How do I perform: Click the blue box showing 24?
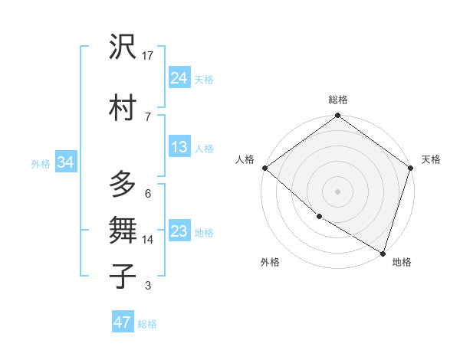(179, 78)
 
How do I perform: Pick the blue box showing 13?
(179, 147)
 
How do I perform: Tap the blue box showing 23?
(179, 231)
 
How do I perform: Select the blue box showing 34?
(66, 162)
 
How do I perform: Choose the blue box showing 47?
(123, 322)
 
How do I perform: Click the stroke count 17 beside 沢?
(148, 56)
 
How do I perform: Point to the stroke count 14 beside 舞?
(148, 240)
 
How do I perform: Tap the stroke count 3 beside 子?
(148, 286)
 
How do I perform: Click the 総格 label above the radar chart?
(337, 100)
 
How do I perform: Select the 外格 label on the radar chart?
(270, 262)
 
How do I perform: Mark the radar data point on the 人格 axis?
(264, 168)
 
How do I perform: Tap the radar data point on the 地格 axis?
(383, 253)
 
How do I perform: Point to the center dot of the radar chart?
(337, 191)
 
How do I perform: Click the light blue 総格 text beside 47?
(147, 324)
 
